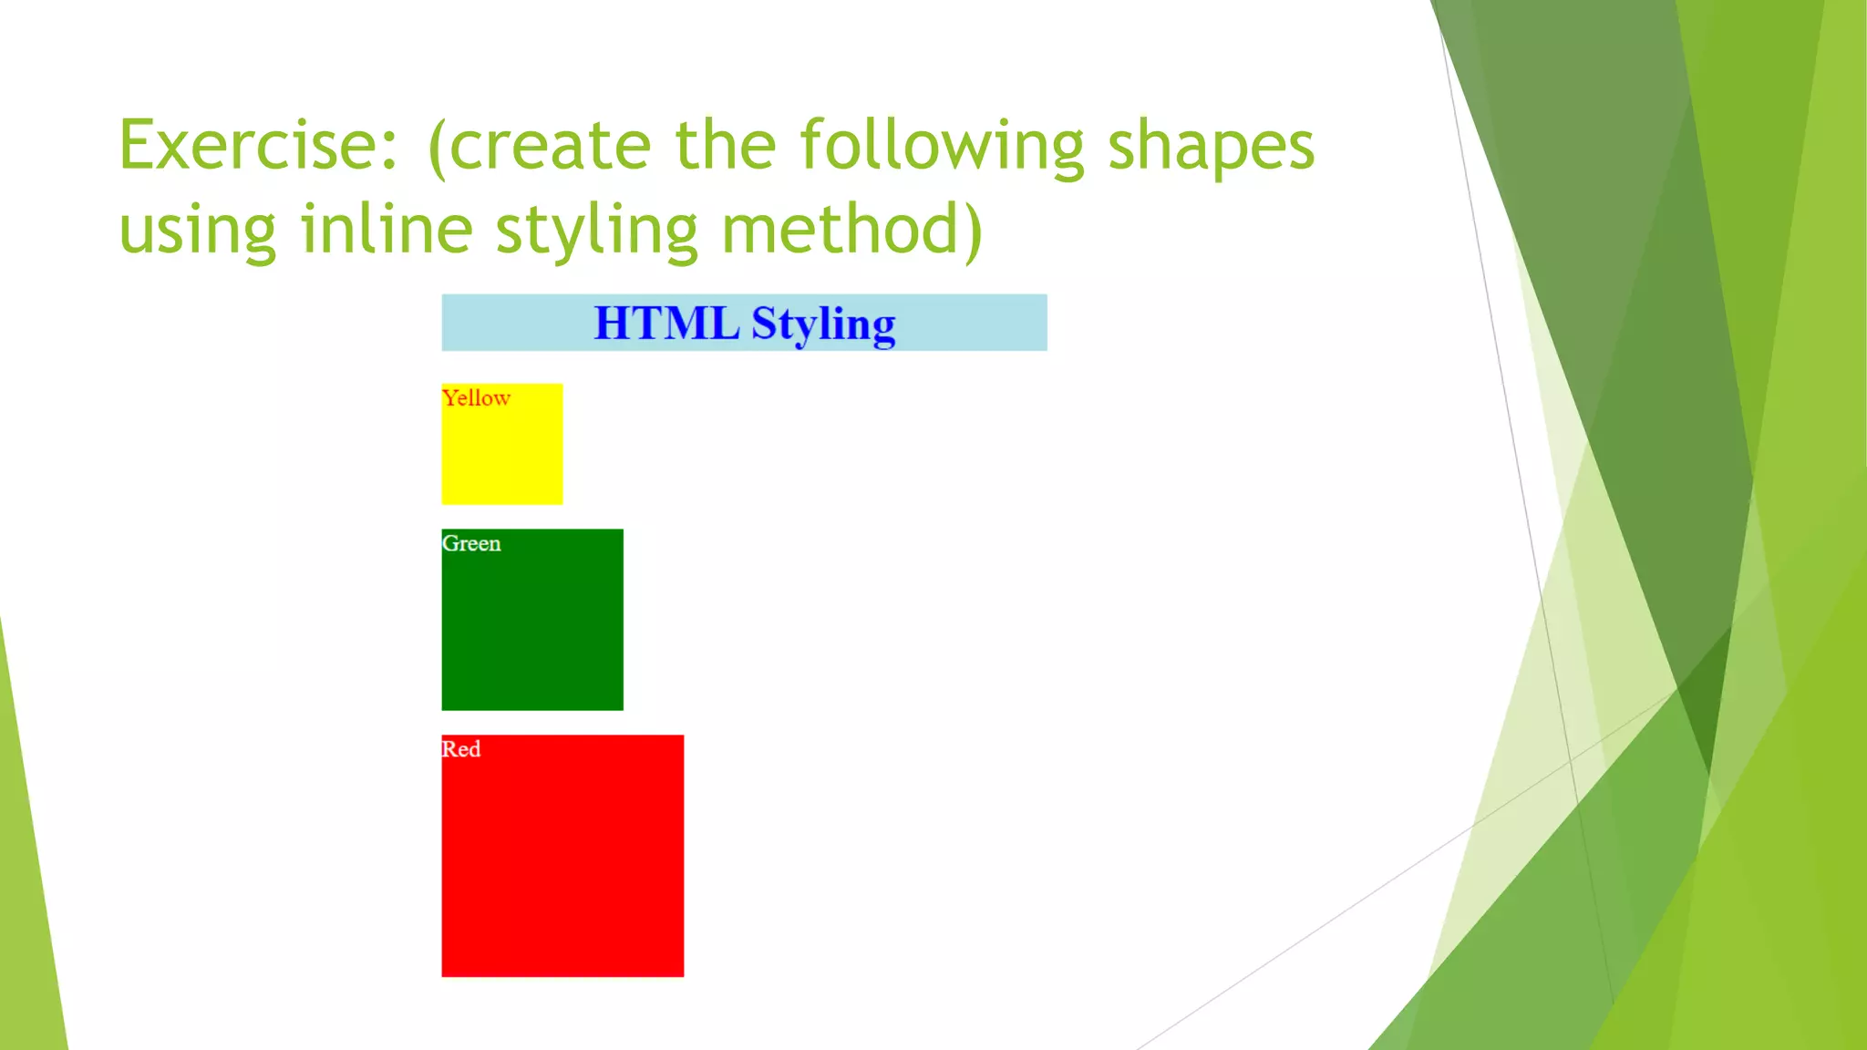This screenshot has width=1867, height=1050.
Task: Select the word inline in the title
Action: pyautogui.click(x=387, y=230)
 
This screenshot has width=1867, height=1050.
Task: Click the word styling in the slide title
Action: pyautogui.click(x=596, y=230)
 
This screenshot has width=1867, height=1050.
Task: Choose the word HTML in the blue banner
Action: pyautogui.click(x=666, y=324)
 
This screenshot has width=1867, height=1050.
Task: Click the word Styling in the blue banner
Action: pyautogui.click(x=823, y=324)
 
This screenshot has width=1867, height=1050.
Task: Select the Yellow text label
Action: pyautogui.click(x=476, y=398)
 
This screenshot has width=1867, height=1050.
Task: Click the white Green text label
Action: pyautogui.click(x=471, y=544)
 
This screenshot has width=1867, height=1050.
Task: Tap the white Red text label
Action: pyautogui.click(x=461, y=749)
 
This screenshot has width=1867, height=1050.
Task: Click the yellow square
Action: pyautogui.click(x=502, y=456)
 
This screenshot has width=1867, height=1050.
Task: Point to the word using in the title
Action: pyautogui.click(x=197, y=230)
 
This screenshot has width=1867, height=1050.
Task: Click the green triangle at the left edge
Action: pyautogui.click(x=27, y=911)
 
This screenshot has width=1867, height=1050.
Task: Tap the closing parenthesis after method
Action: pyautogui.click(x=973, y=230)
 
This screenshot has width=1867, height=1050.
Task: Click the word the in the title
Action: pyautogui.click(x=725, y=146)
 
